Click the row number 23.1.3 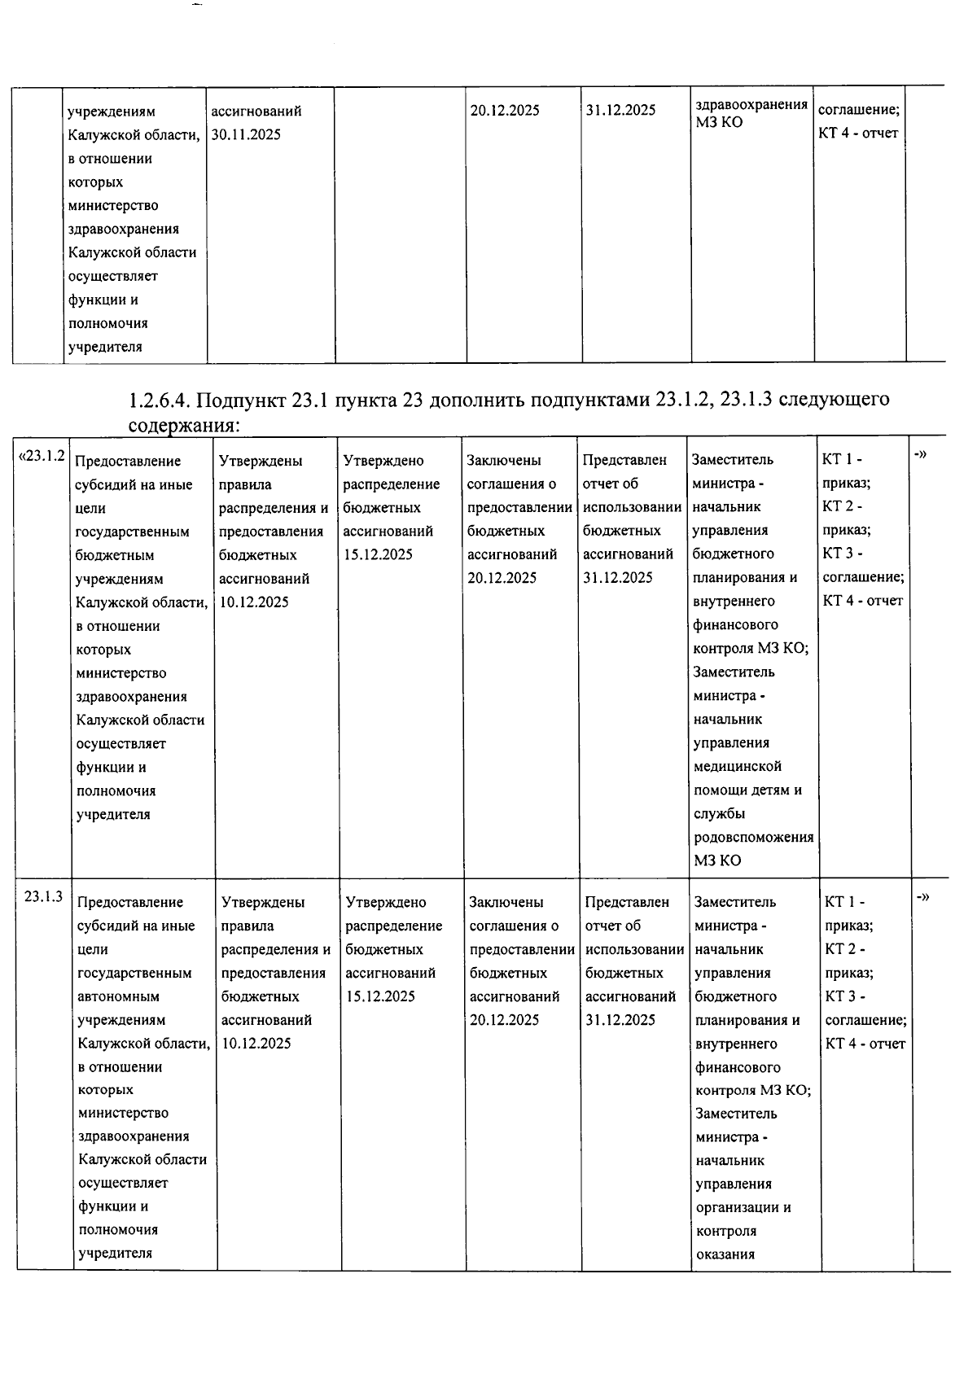tap(43, 897)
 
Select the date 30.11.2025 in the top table tap(245, 134)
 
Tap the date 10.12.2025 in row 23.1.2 tap(254, 602)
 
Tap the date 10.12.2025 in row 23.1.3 tap(256, 1044)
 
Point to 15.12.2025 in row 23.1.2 tap(378, 555)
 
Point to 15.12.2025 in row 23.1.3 tap(380, 996)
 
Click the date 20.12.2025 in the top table tap(505, 111)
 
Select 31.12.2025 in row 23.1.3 tap(620, 1020)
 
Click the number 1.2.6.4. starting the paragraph tap(160, 401)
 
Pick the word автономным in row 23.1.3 tap(118, 996)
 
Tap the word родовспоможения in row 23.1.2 tap(753, 837)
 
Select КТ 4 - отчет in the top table tap(858, 134)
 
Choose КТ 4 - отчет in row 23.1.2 tap(863, 601)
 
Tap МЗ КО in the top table tap(719, 123)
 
